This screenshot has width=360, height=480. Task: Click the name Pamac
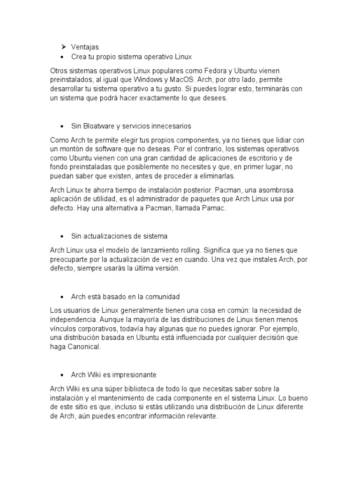tap(215, 208)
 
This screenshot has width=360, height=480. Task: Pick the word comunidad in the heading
tap(160, 297)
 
